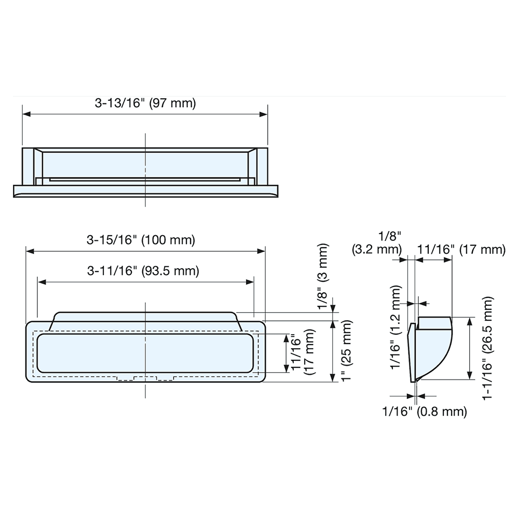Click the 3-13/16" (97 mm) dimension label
(x=145, y=103)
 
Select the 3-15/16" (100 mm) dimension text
(x=141, y=240)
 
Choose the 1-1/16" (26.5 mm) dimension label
(x=487, y=348)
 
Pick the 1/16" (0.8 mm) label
(x=425, y=412)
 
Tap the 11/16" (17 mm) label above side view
(x=461, y=250)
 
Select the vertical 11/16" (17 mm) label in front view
(x=302, y=354)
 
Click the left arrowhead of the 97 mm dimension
(x=26, y=114)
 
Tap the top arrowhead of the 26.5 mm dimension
(x=470, y=321)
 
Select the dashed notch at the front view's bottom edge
(x=145, y=378)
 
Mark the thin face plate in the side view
(x=412, y=350)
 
